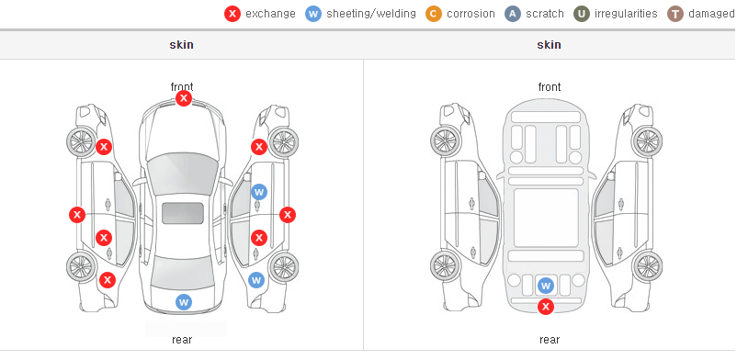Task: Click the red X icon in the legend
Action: (x=232, y=14)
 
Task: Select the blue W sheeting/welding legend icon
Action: (x=313, y=14)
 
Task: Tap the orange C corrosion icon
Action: (x=434, y=14)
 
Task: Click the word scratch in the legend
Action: (x=545, y=14)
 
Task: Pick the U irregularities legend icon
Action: (x=582, y=14)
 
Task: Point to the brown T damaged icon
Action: (x=675, y=14)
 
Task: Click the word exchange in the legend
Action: (x=270, y=14)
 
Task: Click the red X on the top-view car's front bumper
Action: (x=184, y=98)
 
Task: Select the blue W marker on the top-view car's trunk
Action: (x=184, y=302)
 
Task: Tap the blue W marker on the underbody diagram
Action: (x=546, y=286)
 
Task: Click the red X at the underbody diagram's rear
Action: (x=546, y=307)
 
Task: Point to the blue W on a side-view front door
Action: (x=259, y=192)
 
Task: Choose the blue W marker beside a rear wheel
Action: (x=256, y=281)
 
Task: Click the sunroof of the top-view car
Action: (x=183, y=213)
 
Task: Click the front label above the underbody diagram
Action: (x=550, y=87)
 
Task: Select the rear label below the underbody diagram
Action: (x=550, y=340)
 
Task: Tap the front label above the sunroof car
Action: (x=182, y=86)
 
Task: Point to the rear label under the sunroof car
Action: (x=182, y=340)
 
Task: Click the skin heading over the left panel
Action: (x=181, y=45)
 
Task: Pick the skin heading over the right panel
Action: (x=549, y=45)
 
